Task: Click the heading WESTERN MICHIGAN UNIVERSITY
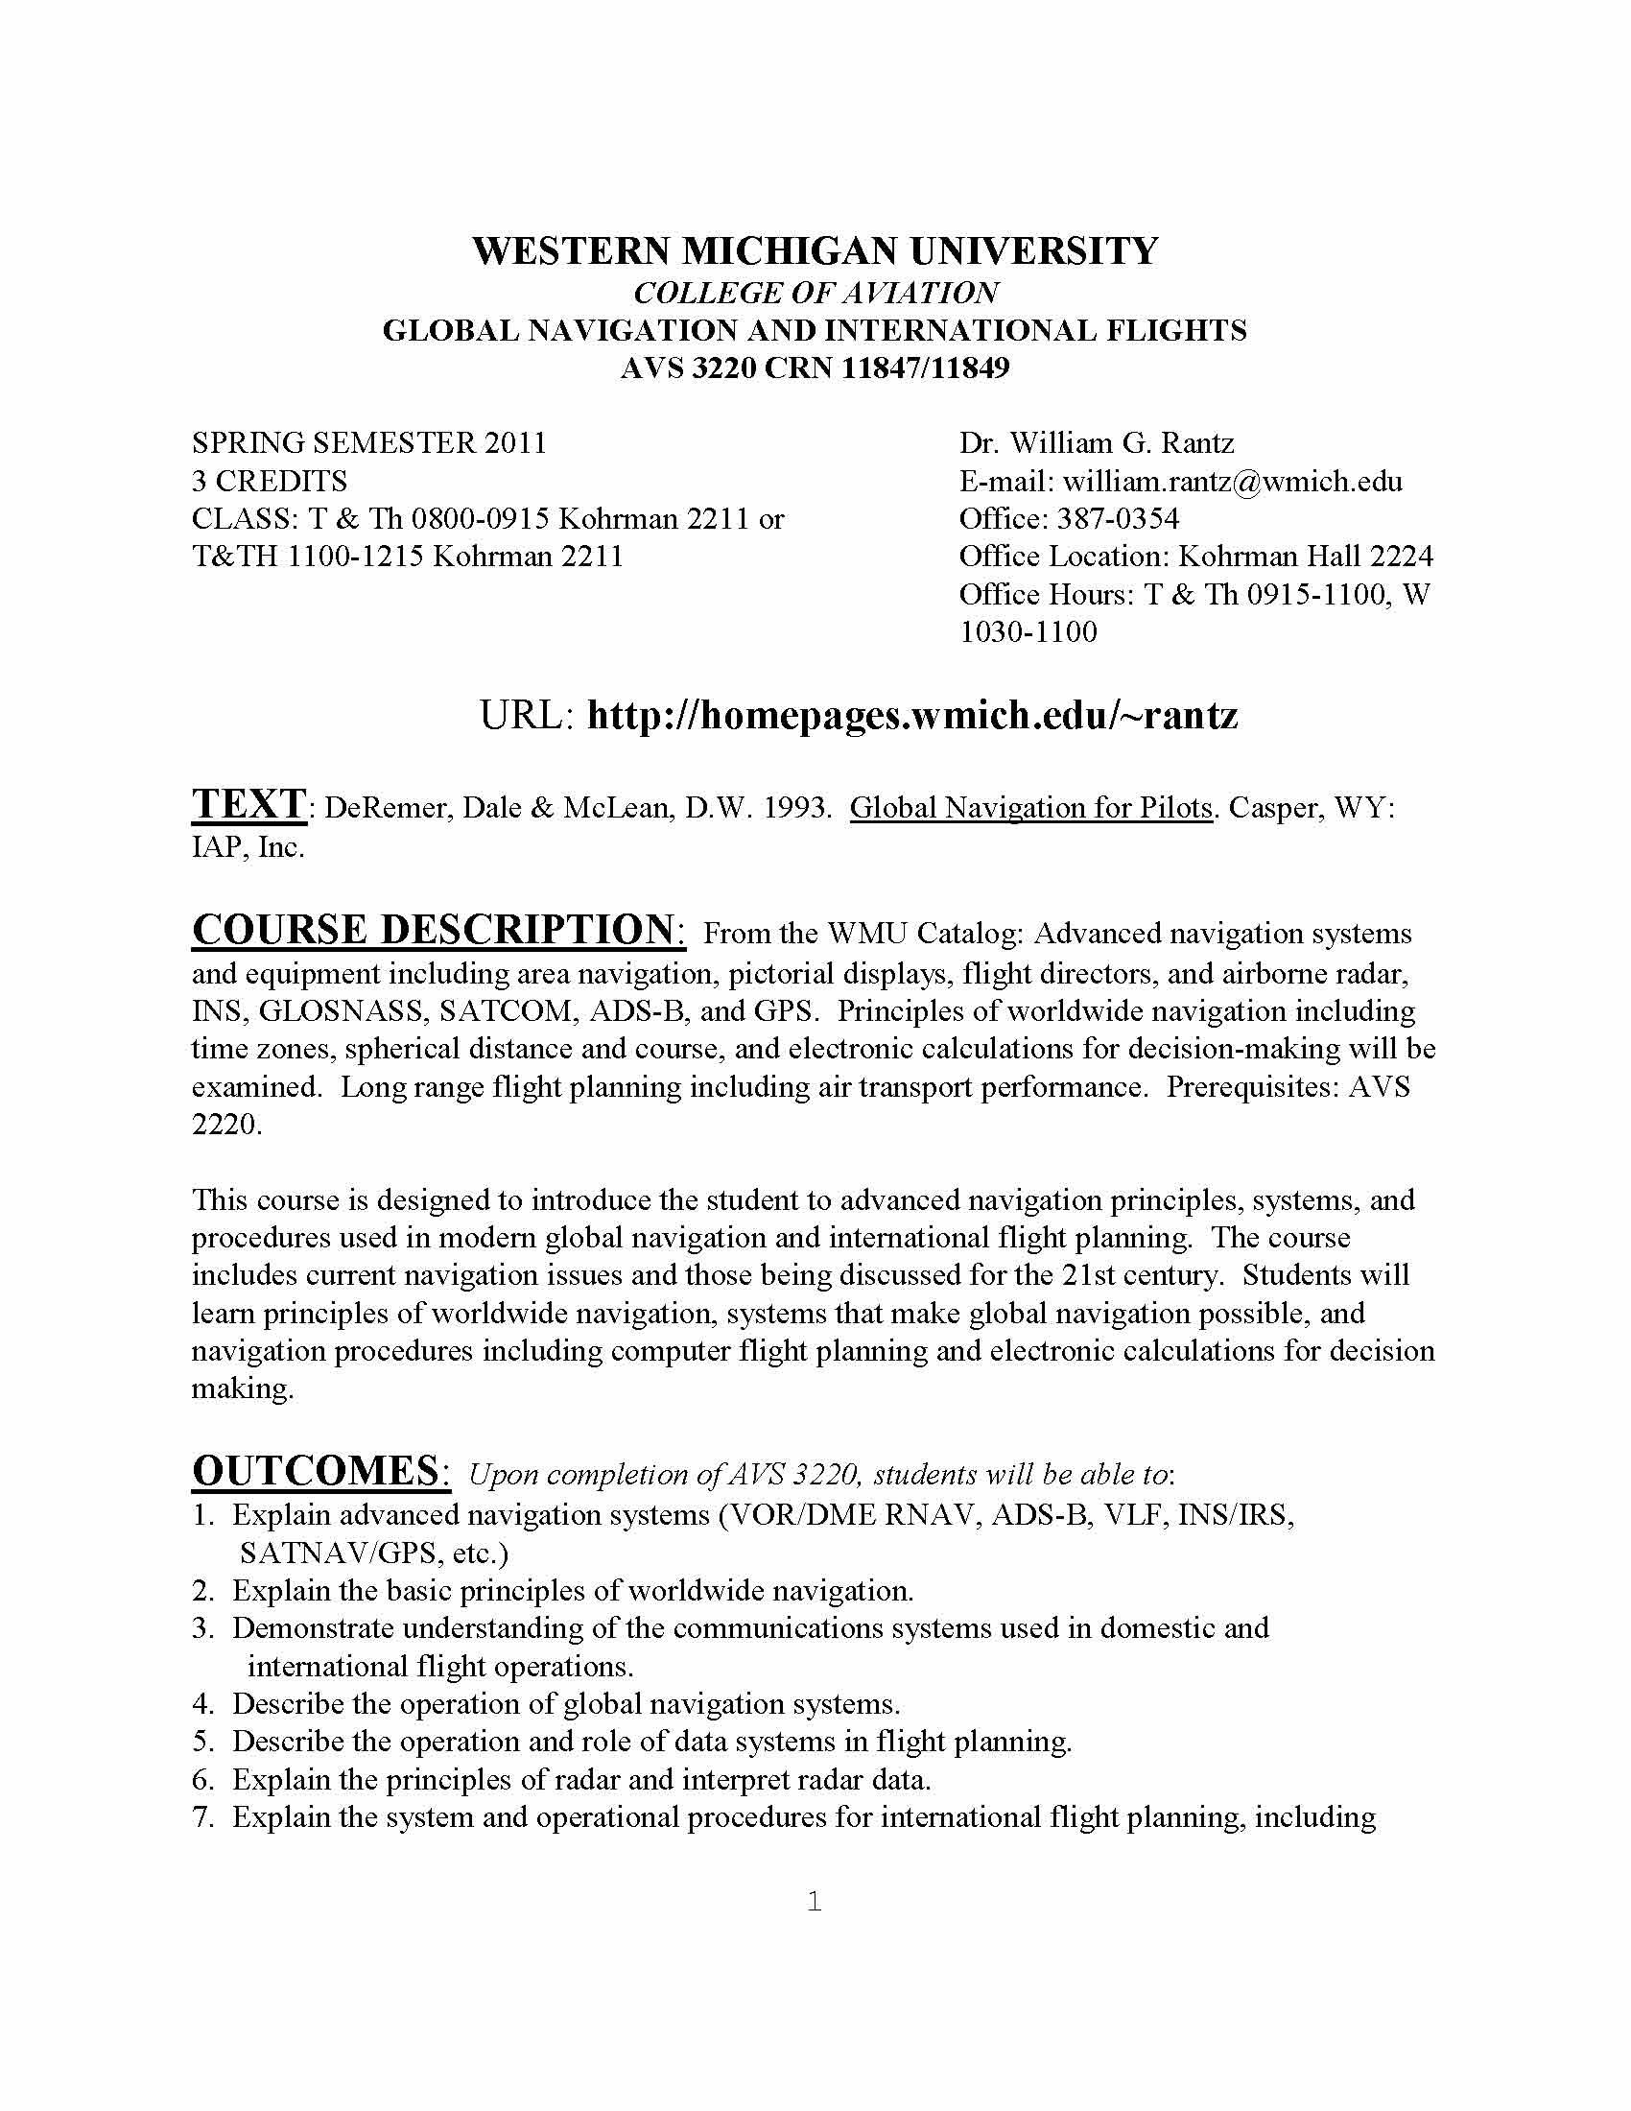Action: (815, 251)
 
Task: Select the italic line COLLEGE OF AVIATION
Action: (815, 293)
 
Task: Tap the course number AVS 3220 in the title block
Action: (687, 368)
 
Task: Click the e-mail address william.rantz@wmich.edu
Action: (1232, 482)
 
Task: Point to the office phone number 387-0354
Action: (1117, 519)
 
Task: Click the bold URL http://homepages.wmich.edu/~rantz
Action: (912, 715)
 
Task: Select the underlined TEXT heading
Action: (248, 804)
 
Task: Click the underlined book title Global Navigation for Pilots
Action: (1030, 807)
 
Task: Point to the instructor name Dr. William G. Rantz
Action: (1096, 443)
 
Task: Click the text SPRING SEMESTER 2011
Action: (369, 443)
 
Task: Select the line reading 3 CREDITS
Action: (270, 482)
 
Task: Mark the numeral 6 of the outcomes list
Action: (201, 1779)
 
